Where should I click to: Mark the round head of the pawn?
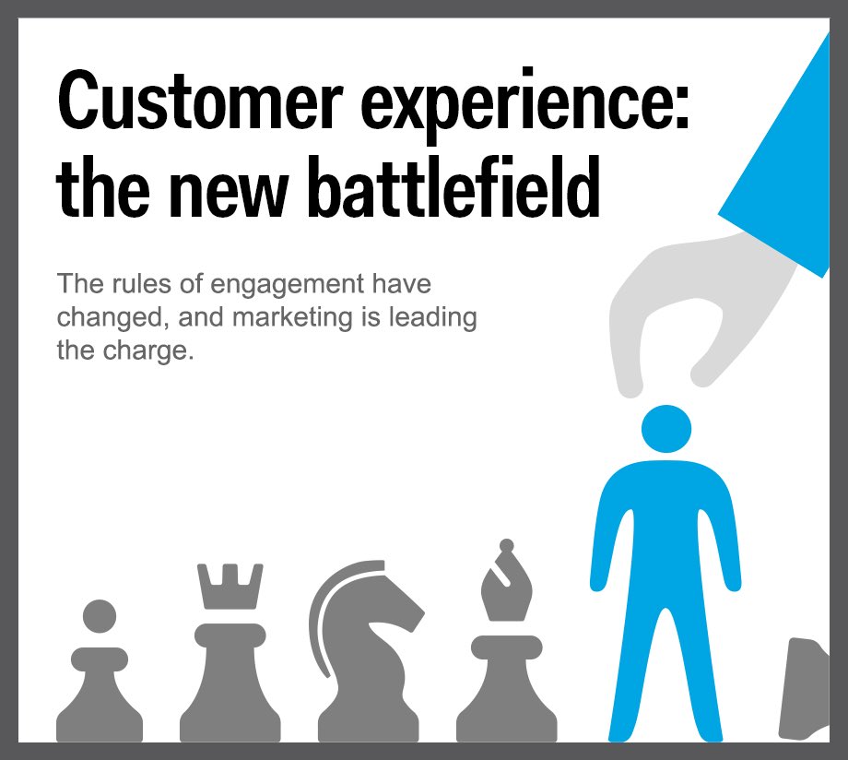pyautogui.click(x=100, y=615)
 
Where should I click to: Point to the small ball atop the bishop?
pyautogui.click(x=505, y=546)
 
